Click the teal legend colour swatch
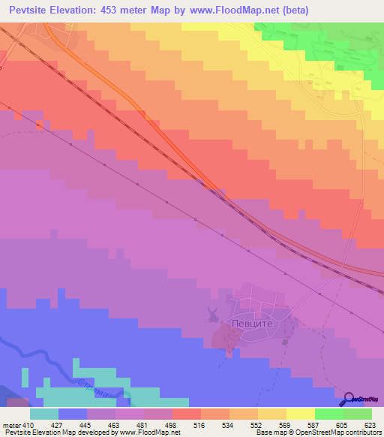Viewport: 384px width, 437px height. tap(44, 413)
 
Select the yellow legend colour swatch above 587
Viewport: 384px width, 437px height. tap(300, 413)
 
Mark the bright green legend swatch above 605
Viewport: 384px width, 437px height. tap(328, 413)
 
